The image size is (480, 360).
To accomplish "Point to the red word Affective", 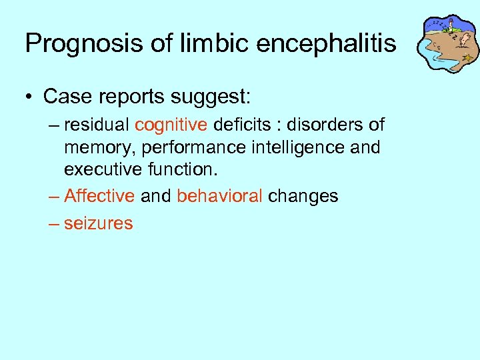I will tap(100, 196).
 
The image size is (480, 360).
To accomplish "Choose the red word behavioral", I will tap(219, 196).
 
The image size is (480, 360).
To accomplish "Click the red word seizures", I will tap(99, 223).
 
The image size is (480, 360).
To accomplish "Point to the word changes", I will tap(303, 196).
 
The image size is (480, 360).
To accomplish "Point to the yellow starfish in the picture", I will tap(468, 59).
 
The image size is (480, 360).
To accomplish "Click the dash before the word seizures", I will tap(53, 223).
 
